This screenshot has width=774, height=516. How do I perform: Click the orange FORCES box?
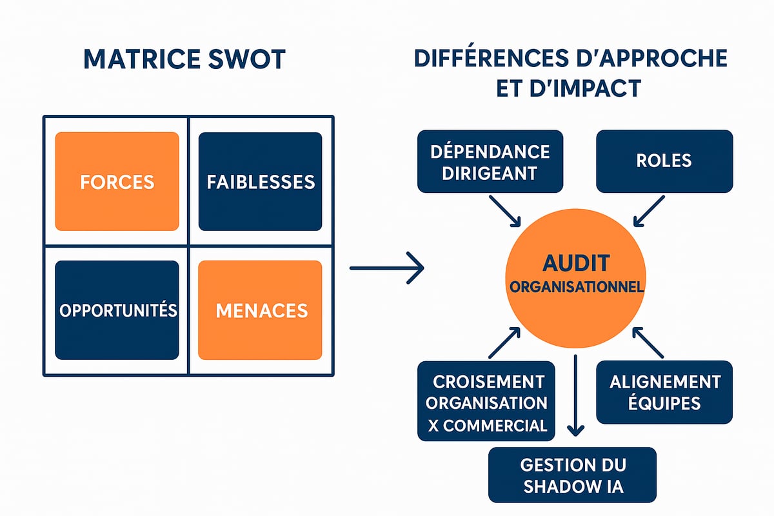click(x=117, y=181)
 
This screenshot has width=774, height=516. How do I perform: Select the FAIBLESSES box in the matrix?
click(x=260, y=181)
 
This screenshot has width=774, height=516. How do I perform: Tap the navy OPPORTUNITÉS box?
click(x=117, y=310)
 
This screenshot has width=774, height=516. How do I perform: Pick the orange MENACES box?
click(x=260, y=310)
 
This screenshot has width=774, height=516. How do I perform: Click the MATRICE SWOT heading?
click(x=184, y=59)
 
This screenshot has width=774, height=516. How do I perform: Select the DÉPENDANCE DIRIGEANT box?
click(x=490, y=161)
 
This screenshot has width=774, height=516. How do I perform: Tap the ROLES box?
click(x=664, y=161)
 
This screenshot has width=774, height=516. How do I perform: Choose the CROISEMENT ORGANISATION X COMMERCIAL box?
click(x=486, y=401)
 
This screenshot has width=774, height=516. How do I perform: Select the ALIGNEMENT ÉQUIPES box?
click(x=664, y=392)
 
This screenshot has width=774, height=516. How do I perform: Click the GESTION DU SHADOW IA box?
click(x=572, y=475)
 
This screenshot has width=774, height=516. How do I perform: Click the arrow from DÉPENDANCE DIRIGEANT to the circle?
click(x=506, y=211)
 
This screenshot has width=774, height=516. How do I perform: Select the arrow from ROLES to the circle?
click(x=648, y=212)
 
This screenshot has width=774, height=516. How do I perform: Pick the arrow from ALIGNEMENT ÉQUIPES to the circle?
click(x=648, y=342)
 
